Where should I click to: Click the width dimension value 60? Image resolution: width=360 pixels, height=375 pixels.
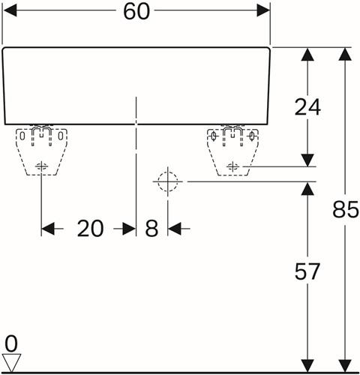coord(136,11)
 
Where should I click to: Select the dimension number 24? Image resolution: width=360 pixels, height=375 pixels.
coord(307,107)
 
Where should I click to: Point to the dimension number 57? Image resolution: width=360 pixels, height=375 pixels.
coord(307,271)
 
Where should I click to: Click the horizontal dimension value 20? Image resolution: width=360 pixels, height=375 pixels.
coord(90,228)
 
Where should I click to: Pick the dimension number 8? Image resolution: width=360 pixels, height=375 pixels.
coord(151,228)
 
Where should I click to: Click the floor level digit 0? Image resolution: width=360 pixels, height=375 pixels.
coord(11,343)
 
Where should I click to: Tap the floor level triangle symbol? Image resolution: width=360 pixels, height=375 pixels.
coord(11,362)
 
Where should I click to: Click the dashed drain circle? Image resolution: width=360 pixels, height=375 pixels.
coord(168,181)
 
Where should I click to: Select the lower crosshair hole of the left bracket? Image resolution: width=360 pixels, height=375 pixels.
coord(41,166)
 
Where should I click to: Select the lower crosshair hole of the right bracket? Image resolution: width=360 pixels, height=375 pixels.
coord(232,166)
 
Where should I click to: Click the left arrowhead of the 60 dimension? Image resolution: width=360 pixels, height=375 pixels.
coord(10,10)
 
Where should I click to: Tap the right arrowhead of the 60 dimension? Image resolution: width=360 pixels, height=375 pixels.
coord(263,10)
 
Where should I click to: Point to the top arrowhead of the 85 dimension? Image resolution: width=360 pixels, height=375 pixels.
coord(345,54)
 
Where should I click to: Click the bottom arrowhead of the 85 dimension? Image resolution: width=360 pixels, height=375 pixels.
coord(345,366)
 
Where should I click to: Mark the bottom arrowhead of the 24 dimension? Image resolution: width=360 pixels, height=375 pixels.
coord(307,160)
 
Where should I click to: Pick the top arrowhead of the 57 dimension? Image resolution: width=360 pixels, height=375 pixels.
coord(307,188)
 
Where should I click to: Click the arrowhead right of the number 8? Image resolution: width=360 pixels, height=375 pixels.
coord(174,229)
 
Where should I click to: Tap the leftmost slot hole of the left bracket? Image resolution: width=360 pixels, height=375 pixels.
coord(22,136)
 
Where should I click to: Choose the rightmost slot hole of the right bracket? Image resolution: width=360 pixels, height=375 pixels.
coord(252,136)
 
